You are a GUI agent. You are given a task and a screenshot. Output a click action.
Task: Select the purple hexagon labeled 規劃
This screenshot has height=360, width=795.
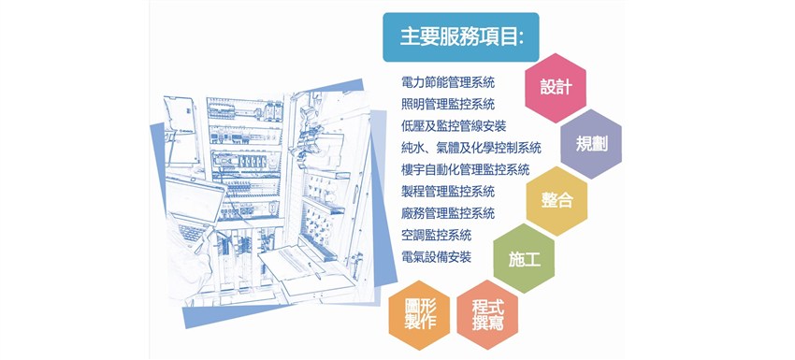coord(591,144)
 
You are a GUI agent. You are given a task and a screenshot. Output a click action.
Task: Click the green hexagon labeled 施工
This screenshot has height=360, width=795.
coord(524,257)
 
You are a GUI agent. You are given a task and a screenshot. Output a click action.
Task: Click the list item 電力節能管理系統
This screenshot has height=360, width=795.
coord(447,82)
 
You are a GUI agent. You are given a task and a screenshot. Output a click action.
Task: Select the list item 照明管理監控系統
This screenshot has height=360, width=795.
coord(447,104)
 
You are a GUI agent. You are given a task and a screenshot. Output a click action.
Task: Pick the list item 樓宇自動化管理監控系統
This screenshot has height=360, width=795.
coord(465,169)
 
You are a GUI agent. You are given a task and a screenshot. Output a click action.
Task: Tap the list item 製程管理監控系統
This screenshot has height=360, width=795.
coord(447,192)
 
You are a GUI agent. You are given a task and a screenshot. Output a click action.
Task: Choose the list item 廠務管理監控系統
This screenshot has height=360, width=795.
coord(447,213)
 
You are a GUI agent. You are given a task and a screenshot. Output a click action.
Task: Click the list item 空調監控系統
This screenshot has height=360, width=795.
coord(435,235)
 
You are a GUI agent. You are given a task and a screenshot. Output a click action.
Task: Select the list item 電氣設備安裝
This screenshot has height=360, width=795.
coord(435,256)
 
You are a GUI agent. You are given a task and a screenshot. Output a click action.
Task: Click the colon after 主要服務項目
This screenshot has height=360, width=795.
coord(519,37)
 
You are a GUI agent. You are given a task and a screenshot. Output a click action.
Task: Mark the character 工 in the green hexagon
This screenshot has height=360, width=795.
coord(533,258)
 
